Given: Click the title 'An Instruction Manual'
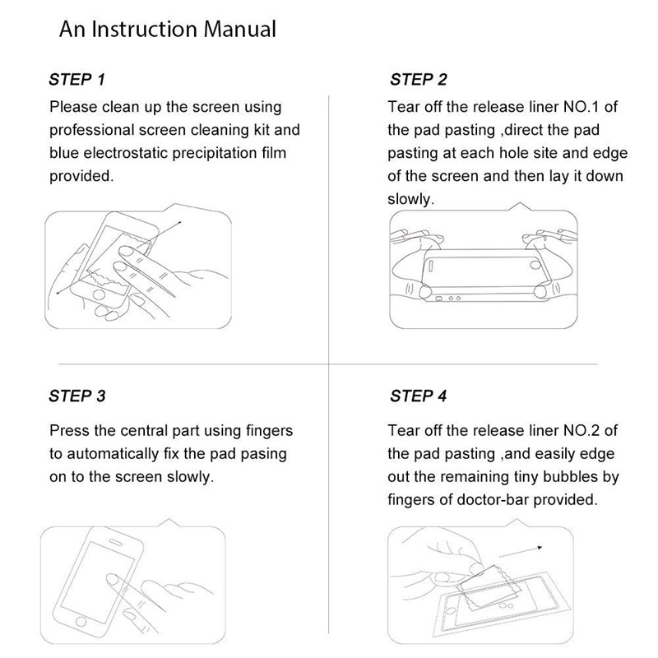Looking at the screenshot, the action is tap(168, 30).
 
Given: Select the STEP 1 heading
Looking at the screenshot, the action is tap(76, 79).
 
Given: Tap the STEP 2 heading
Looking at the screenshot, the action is tap(419, 79).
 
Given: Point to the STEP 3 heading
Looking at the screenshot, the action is tap(77, 396).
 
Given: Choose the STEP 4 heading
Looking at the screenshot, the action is tap(419, 396).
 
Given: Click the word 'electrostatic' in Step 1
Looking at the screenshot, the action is tap(126, 153).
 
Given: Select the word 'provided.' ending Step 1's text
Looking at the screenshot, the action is tap(81, 176).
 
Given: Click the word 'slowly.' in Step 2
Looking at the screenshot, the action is tap(410, 199).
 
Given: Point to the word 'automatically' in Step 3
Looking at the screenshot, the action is tap(113, 454).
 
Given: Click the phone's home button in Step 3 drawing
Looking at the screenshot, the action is tap(81, 622).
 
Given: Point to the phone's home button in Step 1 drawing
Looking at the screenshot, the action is tap(99, 294).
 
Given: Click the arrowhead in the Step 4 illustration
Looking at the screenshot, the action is tap(540, 548).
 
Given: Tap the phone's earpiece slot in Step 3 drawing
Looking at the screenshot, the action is tap(116, 542).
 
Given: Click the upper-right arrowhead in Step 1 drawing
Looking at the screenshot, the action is tap(179, 223).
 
